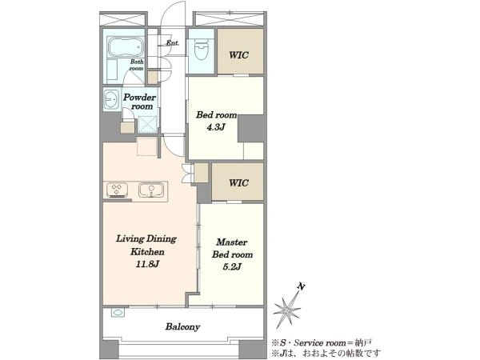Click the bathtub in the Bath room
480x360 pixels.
pos(126,47)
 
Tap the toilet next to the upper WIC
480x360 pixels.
pos(201,49)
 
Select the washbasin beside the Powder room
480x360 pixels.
pos(111,99)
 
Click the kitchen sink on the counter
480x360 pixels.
pos(151,190)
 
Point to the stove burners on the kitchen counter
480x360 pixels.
pos(117,190)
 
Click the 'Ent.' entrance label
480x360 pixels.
pos(173,43)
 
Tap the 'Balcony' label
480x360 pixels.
pos(182,327)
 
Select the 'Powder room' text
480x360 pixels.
pos(139,102)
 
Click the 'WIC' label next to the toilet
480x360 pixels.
pos(238,55)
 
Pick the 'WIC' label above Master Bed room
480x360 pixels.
pos(238,182)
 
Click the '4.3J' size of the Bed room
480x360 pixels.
pos(216,127)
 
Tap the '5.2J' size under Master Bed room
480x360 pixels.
pos(232,267)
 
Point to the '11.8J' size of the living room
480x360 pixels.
pos(147,264)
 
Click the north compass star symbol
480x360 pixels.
pos(287,310)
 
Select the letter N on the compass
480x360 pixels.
pos(302,287)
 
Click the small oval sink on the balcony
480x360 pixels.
pos(118,313)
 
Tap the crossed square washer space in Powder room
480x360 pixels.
pos(147,125)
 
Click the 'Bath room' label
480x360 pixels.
pos(137,65)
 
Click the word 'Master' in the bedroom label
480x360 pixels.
pos(232,242)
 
